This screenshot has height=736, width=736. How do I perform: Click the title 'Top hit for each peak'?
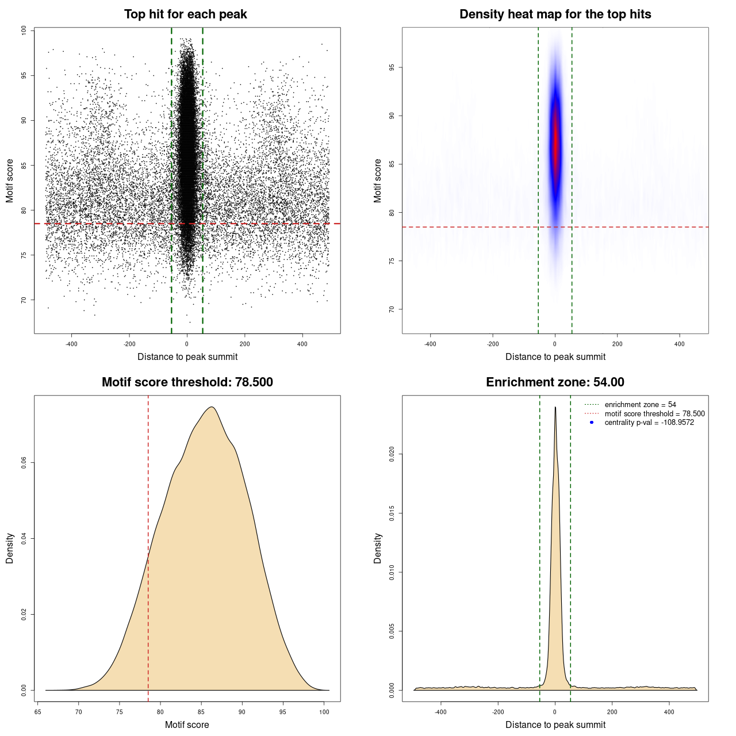click(x=185, y=14)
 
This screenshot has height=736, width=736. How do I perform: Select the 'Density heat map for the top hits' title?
click(x=555, y=14)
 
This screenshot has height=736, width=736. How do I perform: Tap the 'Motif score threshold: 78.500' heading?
click(x=187, y=382)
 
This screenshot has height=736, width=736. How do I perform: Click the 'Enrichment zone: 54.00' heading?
click(x=555, y=382)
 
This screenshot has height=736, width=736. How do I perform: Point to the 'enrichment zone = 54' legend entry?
click(x=640, y=405)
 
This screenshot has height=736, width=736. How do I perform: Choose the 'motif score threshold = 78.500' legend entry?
click(x=654, y=413)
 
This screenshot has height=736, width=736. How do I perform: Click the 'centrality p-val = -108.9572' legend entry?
click(x=649, y=423)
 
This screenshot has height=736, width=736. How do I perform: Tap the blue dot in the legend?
click(x=592, y=423)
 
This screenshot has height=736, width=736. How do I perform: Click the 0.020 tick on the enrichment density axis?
click(x=392, y=454)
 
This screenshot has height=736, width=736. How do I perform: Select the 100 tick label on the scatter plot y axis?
click(x=24, y=30)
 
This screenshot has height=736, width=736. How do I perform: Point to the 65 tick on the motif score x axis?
click(x=38, y=712)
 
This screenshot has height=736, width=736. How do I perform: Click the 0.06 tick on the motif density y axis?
click(x=24, y=463)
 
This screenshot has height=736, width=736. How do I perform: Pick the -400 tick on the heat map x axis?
click(x=430, y=344)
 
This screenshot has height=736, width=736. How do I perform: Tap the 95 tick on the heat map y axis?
click(x=392, y=67)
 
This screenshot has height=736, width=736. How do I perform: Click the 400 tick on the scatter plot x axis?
click(x=302, y=344)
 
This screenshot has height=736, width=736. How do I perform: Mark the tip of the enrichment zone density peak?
click(x=555, y=407)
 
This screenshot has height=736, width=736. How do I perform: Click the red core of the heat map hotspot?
click(x=555, y=144)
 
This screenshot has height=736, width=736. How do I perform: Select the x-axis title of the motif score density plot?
click(x=187, y=724)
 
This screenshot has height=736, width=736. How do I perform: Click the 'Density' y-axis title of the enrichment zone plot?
click(x=378, y=548)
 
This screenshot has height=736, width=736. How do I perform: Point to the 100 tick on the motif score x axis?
click(x=324, y=712)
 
